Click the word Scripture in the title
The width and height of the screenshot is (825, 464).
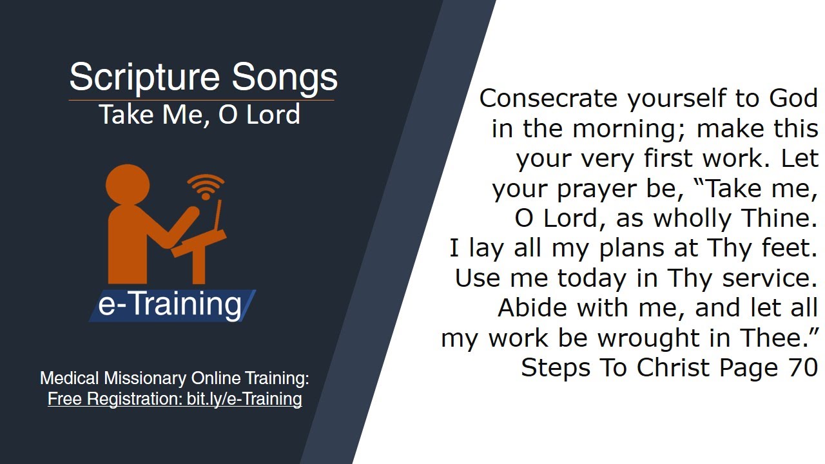(x=146, y=77)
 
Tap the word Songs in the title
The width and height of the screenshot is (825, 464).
(x=285, y=77)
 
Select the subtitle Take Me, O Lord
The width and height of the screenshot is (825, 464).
(x=200, y=115)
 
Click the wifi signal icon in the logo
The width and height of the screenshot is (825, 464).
(x=205, y=187)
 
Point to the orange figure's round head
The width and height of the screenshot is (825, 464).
(x=128, y=186)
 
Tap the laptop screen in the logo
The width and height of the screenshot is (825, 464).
(x=218, y=217)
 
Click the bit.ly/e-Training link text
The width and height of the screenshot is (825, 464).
(x=244, y=399)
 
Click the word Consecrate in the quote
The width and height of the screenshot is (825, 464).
(x=548, y=99)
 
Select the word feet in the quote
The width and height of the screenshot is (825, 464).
(x=792, y=248)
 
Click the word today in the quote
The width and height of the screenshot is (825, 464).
(x=592, y=278)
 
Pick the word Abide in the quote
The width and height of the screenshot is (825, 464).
(x=533, y=307)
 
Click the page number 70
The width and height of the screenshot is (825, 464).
(x=803, y=367)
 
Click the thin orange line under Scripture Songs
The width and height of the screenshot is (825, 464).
(x=201, y=100)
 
